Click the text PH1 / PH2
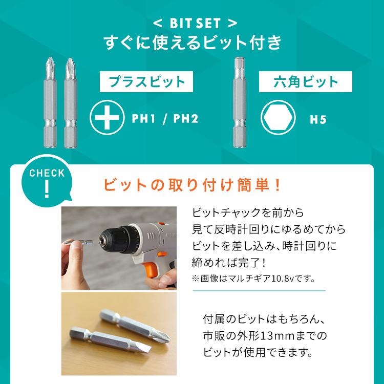click(164, 119)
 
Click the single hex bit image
click(238, 102)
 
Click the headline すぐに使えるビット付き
click(191, 42)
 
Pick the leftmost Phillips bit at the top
click(51, 102)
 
